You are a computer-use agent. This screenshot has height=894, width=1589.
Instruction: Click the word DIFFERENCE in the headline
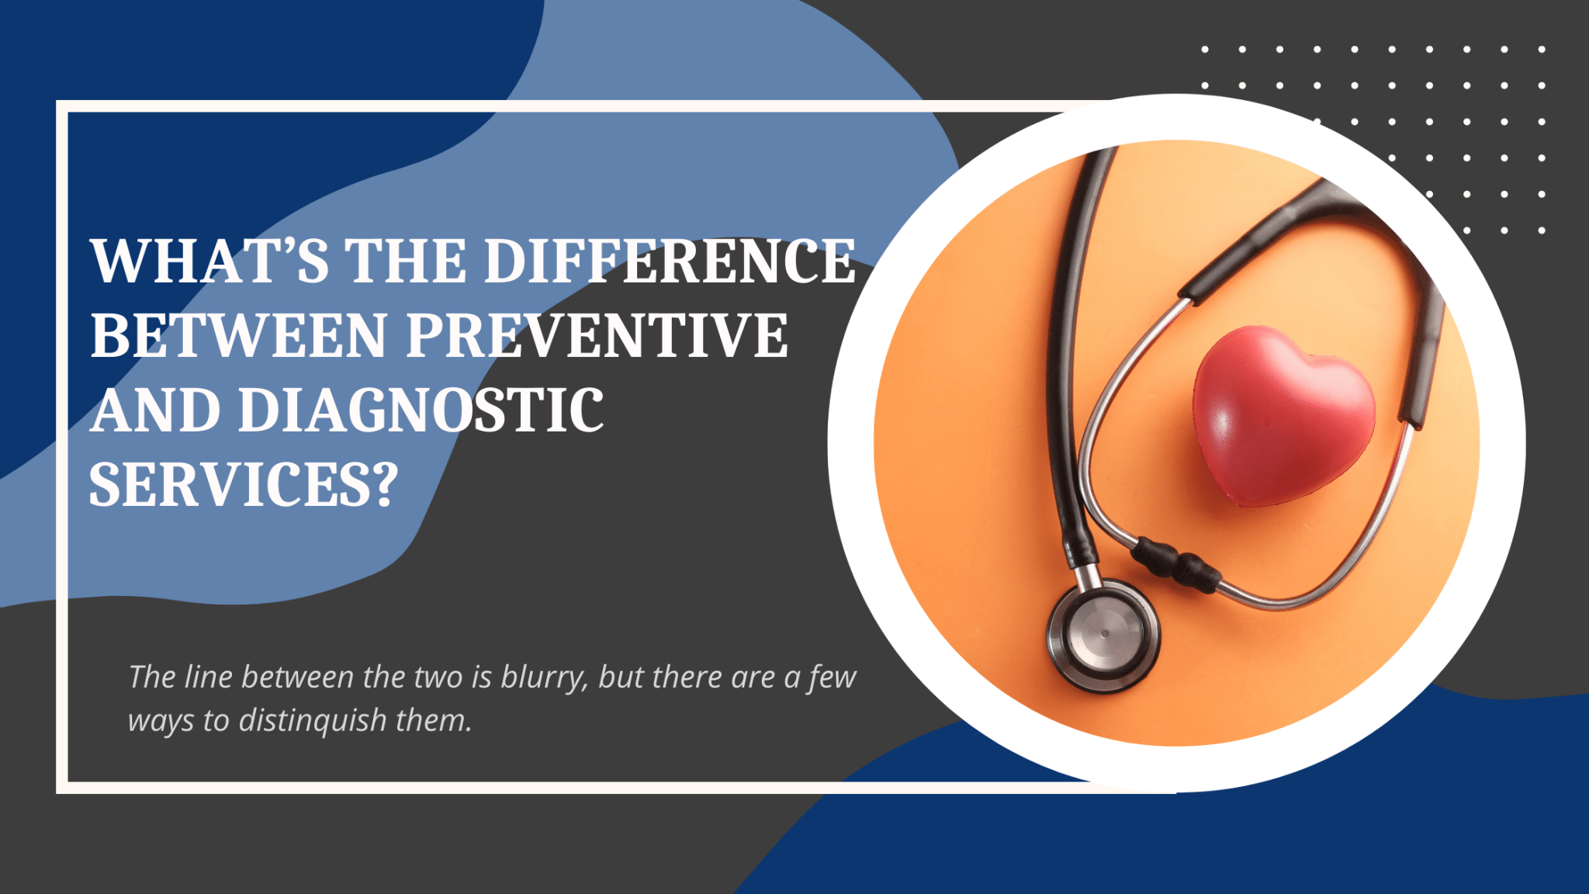coord(670,261)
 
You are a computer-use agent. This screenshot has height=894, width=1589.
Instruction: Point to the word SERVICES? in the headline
coord(244,485)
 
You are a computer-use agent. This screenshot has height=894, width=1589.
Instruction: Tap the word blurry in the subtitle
coord(544,677)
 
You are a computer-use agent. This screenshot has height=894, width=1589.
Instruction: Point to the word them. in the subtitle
coord(434,721)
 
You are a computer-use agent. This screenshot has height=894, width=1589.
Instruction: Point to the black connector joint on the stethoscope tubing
coord(1175,563)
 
